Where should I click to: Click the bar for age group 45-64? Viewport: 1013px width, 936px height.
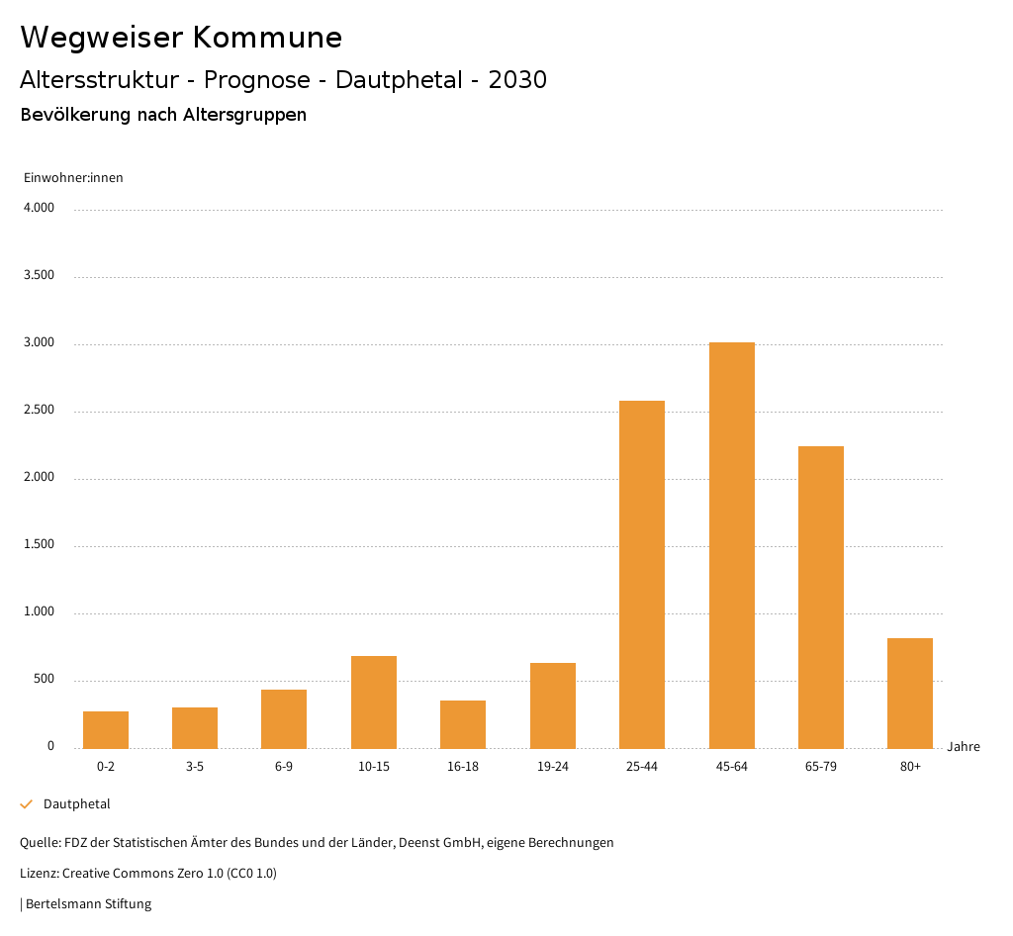coord(731,545)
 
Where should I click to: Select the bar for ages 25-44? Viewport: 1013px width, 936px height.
coord(642,574)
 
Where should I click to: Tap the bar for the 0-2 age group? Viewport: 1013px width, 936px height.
coord(106,729)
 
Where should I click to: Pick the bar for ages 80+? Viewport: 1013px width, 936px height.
coord(910,693)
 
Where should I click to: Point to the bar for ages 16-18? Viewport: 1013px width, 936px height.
coord(463,724)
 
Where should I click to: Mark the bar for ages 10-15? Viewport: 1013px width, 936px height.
coord(374,702)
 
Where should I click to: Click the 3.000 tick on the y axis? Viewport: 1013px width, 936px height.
coord(39,343)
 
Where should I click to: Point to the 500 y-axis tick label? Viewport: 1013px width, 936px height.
coord(44,680)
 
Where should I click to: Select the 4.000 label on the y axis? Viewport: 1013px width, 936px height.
coord(39,209)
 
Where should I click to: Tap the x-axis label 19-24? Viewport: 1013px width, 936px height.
coord(553,767)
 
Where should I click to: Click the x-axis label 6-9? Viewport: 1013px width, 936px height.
coord(284,767)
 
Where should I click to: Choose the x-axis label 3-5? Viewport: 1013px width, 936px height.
coord(195,767)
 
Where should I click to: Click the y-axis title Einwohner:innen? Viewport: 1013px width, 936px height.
coord(73,178)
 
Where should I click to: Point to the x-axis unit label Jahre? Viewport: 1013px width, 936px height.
coord(964,747)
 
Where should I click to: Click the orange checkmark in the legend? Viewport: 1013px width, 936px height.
coord(27,804)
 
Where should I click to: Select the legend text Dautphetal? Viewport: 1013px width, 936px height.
coord(77,804)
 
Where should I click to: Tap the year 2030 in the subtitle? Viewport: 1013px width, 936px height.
coord(517,80)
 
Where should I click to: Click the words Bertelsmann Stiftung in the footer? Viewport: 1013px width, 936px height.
coord(88,904)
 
